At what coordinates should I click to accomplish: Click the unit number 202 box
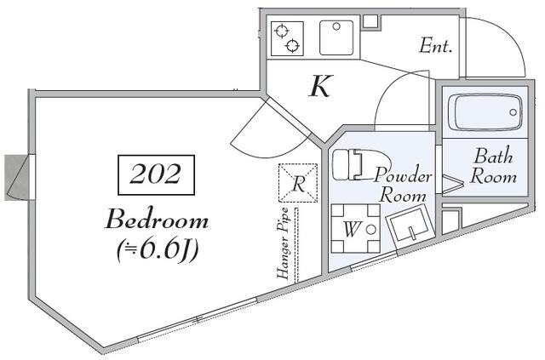click(157, 174)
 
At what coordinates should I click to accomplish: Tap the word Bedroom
click(157, 219)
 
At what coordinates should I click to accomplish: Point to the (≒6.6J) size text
click(158, 250)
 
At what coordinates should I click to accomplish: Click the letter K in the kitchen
click(321, 86)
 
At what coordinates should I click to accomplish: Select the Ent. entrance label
click(435, 46)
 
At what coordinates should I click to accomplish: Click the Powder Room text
click(403, 185)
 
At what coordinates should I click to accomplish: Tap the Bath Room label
click(493, 166)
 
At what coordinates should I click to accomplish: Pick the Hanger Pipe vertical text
click(283, 243)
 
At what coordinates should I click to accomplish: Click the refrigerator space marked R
click(298, 183)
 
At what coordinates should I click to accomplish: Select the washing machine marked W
click(356, 228)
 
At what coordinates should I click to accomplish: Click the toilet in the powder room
click(360, 164)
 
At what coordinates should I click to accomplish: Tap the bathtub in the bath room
click(485, 112)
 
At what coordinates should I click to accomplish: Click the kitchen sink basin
click(336, 37)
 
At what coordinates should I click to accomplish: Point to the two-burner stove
click(288, 38)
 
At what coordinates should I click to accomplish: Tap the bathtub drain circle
click(513, 112)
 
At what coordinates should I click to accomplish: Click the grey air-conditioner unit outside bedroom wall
click(16, 178)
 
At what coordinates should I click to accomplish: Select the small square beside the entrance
click(370, 21)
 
